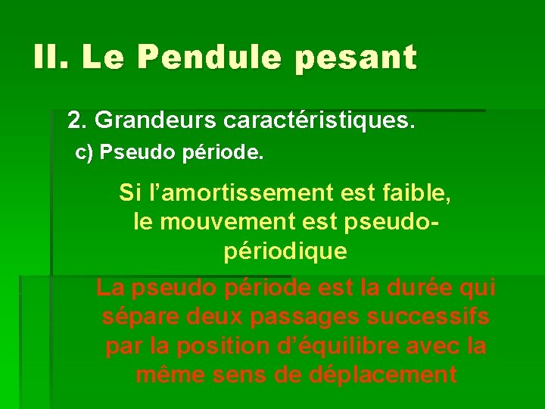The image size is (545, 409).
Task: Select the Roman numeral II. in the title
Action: (x=51, y=57)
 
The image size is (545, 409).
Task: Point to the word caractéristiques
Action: (x=319, y=120)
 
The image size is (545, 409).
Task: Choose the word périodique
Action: (x=285, y=251)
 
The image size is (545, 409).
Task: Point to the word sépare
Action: (x=136, y=317)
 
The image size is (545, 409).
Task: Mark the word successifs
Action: (x=423, y=317)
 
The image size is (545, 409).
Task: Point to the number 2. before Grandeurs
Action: (x=77, y=120)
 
